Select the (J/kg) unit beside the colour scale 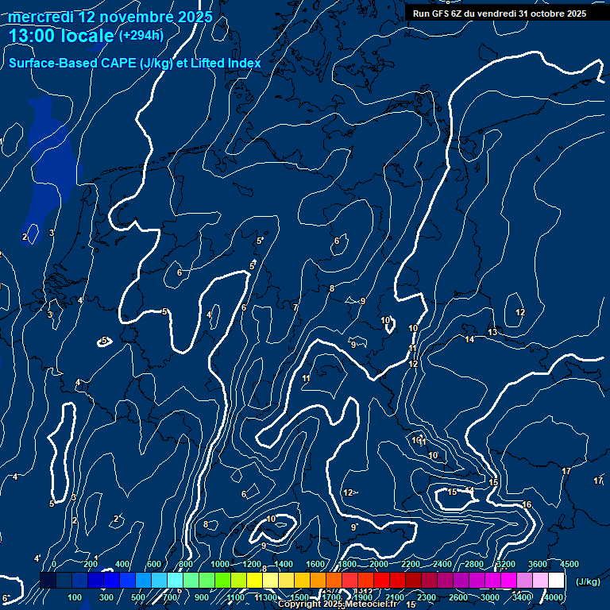pyautogui.click(x=587, y=582)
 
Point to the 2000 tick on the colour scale pyautogui.click(x=379, y=564)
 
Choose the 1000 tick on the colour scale pyautogui.click(x=220, y=564)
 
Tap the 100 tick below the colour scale pyautogui.click(x=75, y=597)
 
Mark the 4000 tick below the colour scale pyautogui.click(x=554, y=597)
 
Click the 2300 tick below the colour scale pyautogui.click(x=427, y=597)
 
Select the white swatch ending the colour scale pyautogui.click(x=556, y=581)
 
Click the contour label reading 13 pyautogui.click(x=492, y=332)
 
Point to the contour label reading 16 pyautogui.click(x=527, y=504)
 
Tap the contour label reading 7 pyautogui.click(x=295, y=307)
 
